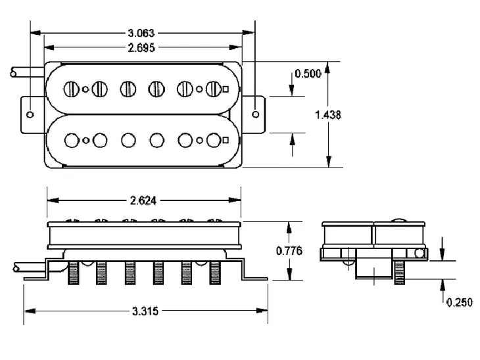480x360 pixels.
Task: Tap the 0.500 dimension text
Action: point(308,74)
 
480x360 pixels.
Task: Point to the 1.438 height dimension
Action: point(328,114)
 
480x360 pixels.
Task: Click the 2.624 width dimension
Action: point(143,201)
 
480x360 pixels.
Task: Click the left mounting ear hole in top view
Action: point(30,114)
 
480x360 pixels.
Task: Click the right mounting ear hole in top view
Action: point(256,114)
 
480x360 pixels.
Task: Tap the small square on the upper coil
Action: point(226,89)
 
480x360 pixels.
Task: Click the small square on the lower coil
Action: point(226,139)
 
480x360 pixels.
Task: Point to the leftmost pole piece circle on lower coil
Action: point(70,139)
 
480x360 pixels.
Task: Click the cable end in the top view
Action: point(14,74)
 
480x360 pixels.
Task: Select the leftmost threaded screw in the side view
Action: point(73,273)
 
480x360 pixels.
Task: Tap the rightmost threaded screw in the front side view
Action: point(214,273)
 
